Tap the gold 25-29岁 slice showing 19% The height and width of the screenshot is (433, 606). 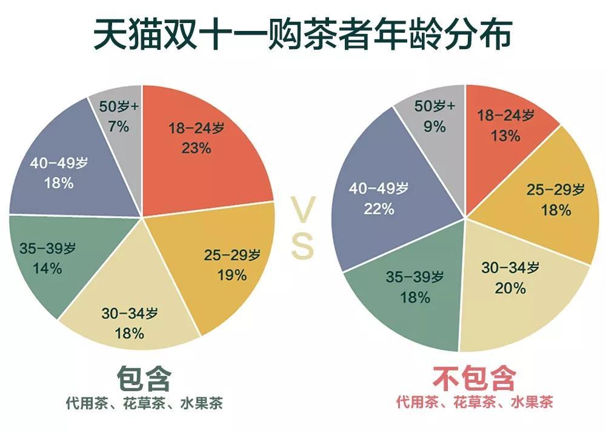pos(224,267)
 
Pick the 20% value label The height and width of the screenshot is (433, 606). pos(511,288)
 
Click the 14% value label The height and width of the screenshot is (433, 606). pos(47,268)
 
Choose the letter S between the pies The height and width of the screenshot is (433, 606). pos(302,247)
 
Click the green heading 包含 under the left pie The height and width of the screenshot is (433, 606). pos(144,379)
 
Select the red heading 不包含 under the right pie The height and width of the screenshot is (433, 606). pos(474,379)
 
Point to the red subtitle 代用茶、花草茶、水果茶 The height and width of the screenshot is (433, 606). pos(474,403)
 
